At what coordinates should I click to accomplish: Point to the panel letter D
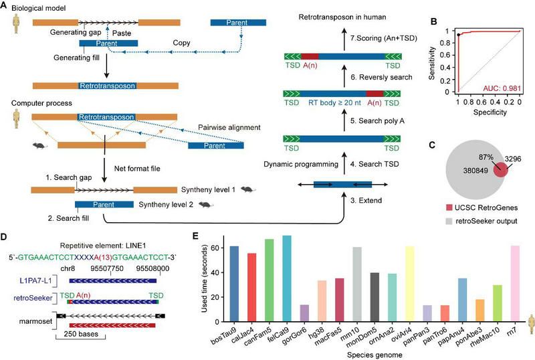coord(5,236)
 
